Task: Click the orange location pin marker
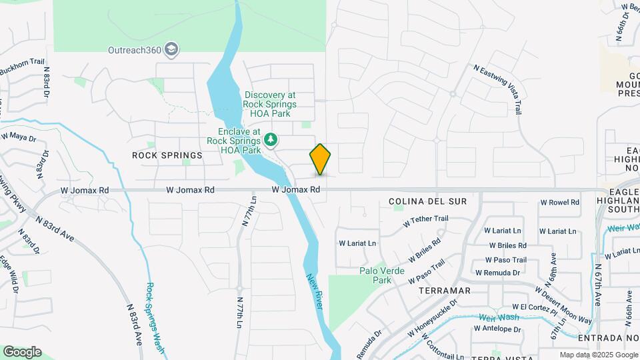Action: [x=320, y=159]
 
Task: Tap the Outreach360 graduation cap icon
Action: [x=172, y=49]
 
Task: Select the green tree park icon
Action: [x=271, y=139]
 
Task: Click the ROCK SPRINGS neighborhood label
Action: [x=167, y=155]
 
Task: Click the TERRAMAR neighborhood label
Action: [x=445, y=291]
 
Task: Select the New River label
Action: [x=315, y=291]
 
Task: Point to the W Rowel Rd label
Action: [x=559, y=203]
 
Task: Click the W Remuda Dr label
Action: [x=498, y=273]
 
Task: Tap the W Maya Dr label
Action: [x=18, y=137]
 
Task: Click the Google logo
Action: [x=22, y=352]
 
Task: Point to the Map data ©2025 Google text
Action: [x=598, y=355]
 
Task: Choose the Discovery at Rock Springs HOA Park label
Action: [x=271, y=104]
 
